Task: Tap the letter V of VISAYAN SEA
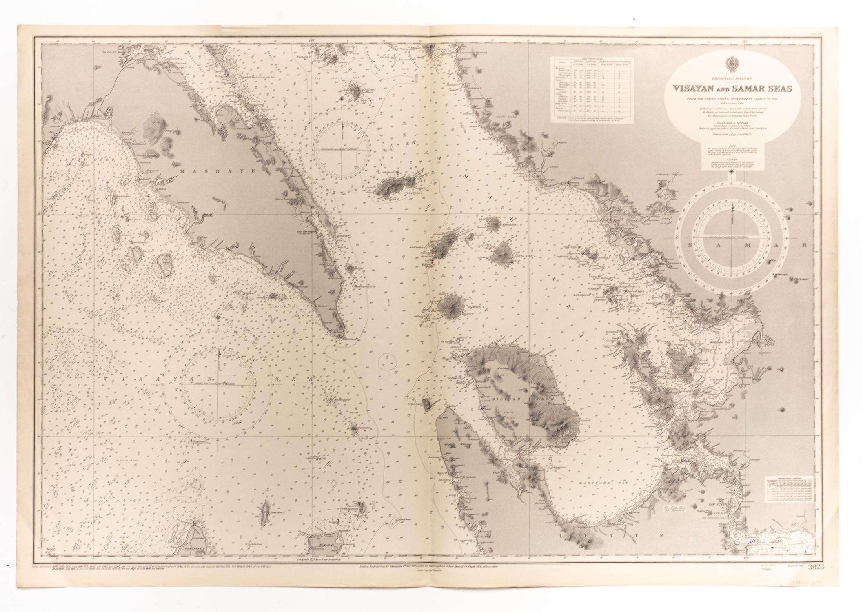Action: pos(107,379)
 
